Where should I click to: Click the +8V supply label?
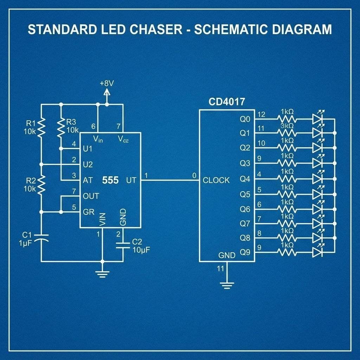(x=107, y=84)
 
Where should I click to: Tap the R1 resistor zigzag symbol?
(x=41, y=128)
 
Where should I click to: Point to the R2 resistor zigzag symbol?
(x=41, y=185)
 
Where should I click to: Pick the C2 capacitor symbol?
(x=123, y=245)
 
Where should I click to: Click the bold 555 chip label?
(x=110, y=180)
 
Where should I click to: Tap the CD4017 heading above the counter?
(x=227, y=102)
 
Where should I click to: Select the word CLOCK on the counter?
(x=216, y=180)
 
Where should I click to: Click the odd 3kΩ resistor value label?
(x=287, y=126)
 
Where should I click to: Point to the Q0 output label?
(x=245, y=119)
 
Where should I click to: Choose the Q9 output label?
(x=245, y=252)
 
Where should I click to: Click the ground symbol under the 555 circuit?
(x=102, y=274)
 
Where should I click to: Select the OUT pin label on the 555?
(x=91, y=196)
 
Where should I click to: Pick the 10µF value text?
(x=141, y=250)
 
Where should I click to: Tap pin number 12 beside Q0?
(x=261, y=114)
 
